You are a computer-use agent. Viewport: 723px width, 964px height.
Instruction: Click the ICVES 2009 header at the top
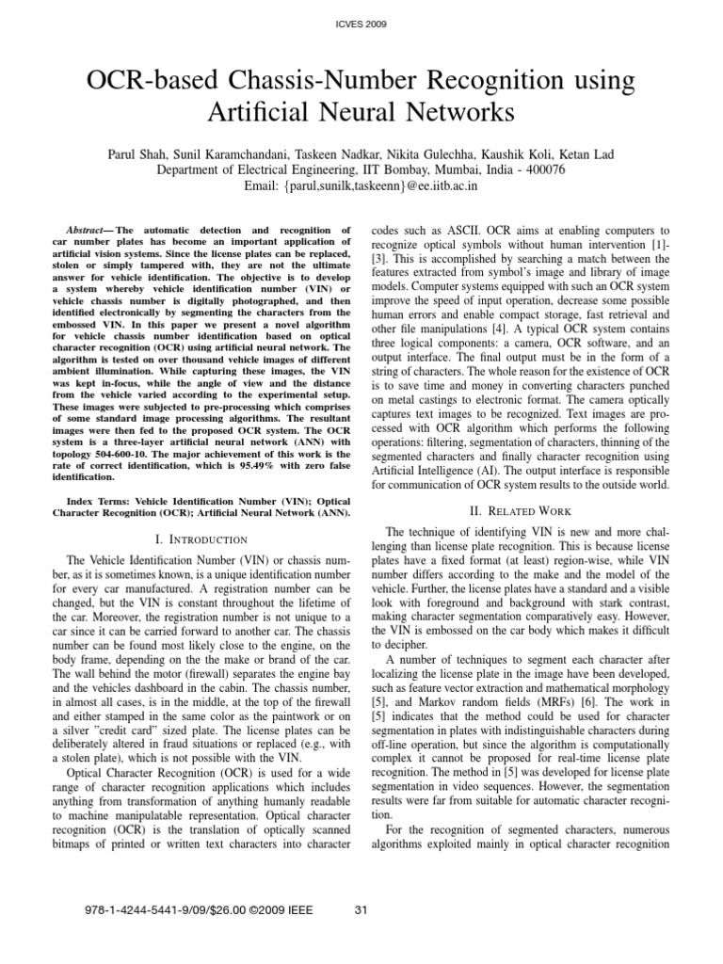click(361, 23)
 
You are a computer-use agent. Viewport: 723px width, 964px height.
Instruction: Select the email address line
click(361, 186)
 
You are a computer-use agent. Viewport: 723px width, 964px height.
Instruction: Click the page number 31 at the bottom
click(361, 909)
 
